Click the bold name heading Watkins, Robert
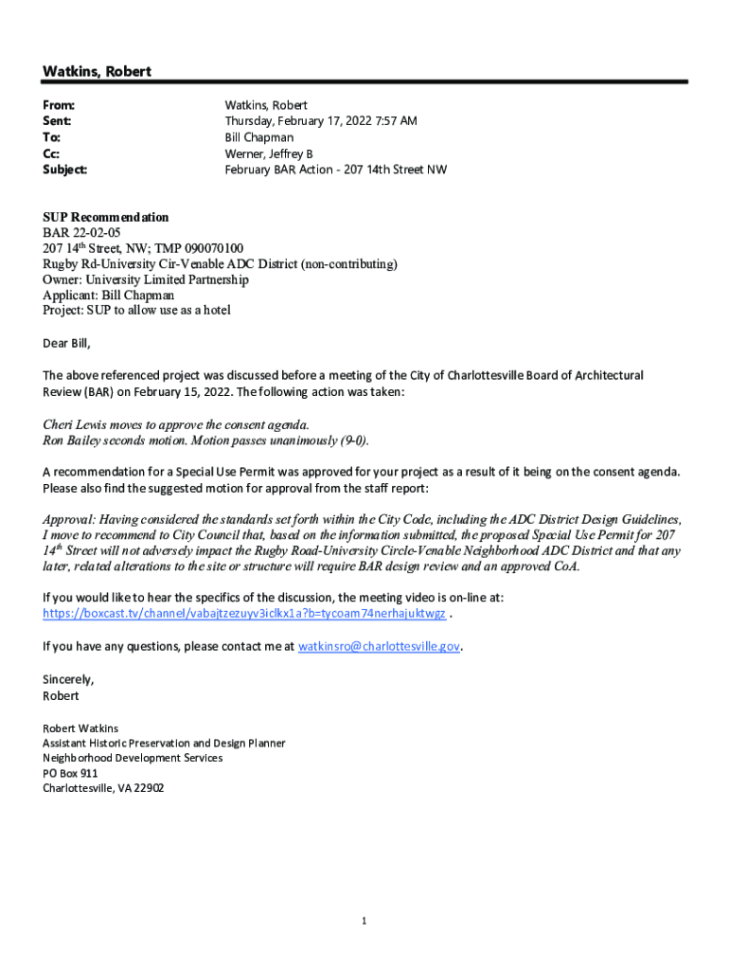point(97,72)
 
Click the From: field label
point(59,105)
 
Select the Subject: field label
point(64,170)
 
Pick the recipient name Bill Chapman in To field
point(258,137)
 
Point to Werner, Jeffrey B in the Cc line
point(268,153)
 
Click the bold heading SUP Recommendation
point(105,218)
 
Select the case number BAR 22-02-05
point(81,233)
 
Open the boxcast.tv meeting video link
point(244,614)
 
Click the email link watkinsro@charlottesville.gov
point(379,646)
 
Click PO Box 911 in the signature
point(70,773)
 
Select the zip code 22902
point(148,788)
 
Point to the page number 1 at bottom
point(364,920)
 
